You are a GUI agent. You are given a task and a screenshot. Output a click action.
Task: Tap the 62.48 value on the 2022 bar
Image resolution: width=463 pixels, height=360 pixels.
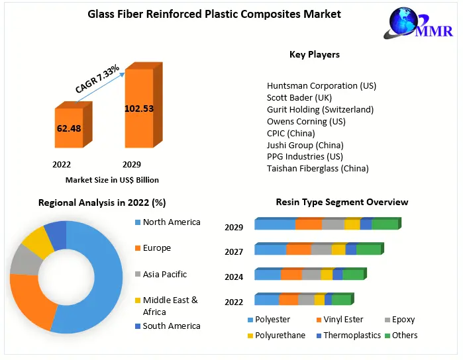(69, 128)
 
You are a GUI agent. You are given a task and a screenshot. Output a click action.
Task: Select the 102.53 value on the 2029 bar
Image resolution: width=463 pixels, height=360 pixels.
(139, 108)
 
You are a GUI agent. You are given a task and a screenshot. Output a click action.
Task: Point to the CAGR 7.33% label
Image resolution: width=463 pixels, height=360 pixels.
(97, 79)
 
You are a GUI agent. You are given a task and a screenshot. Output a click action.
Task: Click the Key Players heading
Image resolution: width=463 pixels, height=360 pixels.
(315, 54)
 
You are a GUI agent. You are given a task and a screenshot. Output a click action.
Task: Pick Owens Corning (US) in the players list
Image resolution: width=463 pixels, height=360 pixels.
(305, 121)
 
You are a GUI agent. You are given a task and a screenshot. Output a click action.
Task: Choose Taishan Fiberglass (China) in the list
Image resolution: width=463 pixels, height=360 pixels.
(317, 168)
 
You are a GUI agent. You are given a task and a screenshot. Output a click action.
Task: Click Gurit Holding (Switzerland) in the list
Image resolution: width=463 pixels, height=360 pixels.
(320, 109)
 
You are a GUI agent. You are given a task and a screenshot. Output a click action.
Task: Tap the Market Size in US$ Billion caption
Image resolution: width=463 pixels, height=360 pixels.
(112, 179)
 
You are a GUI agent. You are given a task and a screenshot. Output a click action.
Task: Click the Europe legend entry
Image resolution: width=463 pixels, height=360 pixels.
(156, 247)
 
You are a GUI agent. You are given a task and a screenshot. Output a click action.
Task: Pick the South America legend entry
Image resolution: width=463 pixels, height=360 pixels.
(171, 326)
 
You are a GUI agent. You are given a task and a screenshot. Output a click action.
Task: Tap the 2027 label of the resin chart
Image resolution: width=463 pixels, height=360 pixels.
(234, 251)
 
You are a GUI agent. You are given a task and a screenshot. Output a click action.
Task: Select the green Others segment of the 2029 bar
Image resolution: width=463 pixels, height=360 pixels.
(385, 224)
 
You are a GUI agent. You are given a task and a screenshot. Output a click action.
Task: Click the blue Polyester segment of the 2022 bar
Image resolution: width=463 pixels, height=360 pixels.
(267, 300)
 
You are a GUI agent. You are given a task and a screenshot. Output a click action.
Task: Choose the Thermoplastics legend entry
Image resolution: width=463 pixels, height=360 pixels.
(352, 335)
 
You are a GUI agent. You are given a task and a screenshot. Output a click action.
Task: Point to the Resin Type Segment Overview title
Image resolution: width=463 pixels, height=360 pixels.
(342, 202)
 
